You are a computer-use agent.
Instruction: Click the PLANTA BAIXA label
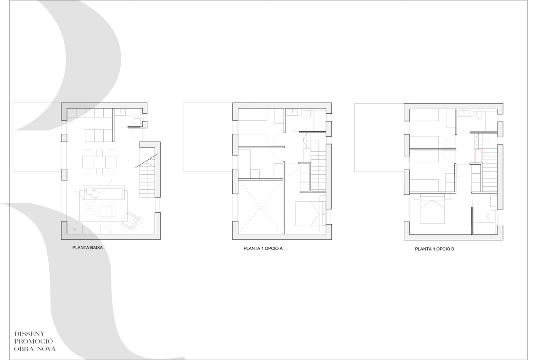pyautogui.click(x=87, y=248)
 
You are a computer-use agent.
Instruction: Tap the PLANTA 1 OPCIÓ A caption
pyautogui.click(x=263, y=249)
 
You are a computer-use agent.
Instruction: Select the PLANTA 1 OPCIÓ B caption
pyautogui.click(x=434, y=249)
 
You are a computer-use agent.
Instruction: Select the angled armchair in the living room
pyautogui.click(x=131, y=220)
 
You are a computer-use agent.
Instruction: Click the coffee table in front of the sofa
pyautogui.click(x=107, y=211)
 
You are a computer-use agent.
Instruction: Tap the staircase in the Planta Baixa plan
pyautogui.click(x=148, y=177)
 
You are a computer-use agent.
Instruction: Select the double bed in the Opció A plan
pyautogui.click(x=307, y=213)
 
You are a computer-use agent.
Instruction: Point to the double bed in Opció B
pyautogui.click(x=432, y=209)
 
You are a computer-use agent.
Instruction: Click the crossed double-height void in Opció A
pyautogui.click(x=261, y=207)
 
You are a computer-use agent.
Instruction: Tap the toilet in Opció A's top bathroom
pyautogui.click(x=308, y=115)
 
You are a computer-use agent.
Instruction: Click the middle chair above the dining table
pyautogui.click(x=100, y=153)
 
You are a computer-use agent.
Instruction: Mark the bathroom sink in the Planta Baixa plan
pyautogui.click(x=120, y=111)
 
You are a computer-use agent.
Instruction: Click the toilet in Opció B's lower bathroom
pyautogui.click(x=491, y=216)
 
